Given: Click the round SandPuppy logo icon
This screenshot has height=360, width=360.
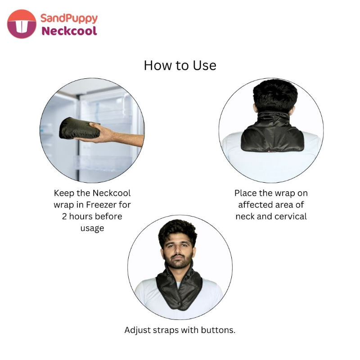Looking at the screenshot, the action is click(22, 24).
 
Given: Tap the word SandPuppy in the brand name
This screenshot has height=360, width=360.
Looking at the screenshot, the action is click(69, 18).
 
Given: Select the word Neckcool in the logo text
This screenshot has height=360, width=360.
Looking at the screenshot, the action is click(69, 31).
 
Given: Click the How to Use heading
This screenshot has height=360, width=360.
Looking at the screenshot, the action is click(180, 65).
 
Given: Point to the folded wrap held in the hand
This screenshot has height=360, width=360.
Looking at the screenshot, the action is click(79, 129).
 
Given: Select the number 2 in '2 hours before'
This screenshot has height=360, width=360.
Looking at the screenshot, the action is click(64, 216).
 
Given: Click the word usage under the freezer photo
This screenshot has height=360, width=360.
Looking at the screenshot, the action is click(92, 229).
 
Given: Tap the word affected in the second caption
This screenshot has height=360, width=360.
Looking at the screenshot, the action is click(255, 205).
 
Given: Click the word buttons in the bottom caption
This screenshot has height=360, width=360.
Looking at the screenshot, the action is click(218, 330).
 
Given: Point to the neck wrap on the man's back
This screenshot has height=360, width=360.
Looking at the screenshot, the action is click(272, 134).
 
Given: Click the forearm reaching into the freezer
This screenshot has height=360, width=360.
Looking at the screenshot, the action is click(129, 138).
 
